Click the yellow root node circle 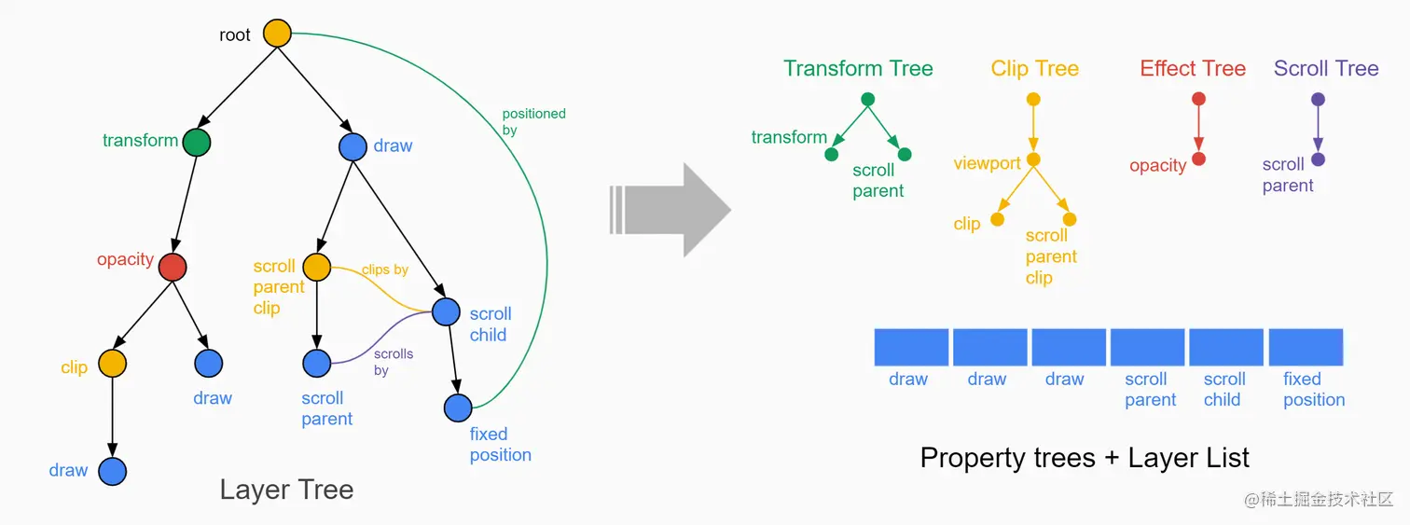click(x=277, y=34)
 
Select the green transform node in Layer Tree click(x=196, y=142)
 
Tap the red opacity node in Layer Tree click(x=173, y=267)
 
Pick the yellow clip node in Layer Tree click(x=112, y=363)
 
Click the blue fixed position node click(x=458, y=408)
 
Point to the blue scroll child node click(x=446, y=311)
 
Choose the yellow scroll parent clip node click(x=316, y=267)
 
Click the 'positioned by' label click(x=533, y=122)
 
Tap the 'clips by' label click(x=385, y=269)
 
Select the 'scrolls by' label click(x=393, y=362)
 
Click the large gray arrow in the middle click(x=671, y=210)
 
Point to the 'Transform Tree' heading click(x=858, y=69)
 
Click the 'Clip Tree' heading click(x=1034, y=69)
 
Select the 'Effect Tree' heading click(x=1193, y=69)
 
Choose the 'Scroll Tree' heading click(x=1326, y=69)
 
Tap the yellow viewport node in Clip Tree click(x=1033, y=160)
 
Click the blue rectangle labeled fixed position click(x=1306, y=347)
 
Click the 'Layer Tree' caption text click(x=286, y=490)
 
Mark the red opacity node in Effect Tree click(x=1199, y=159)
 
